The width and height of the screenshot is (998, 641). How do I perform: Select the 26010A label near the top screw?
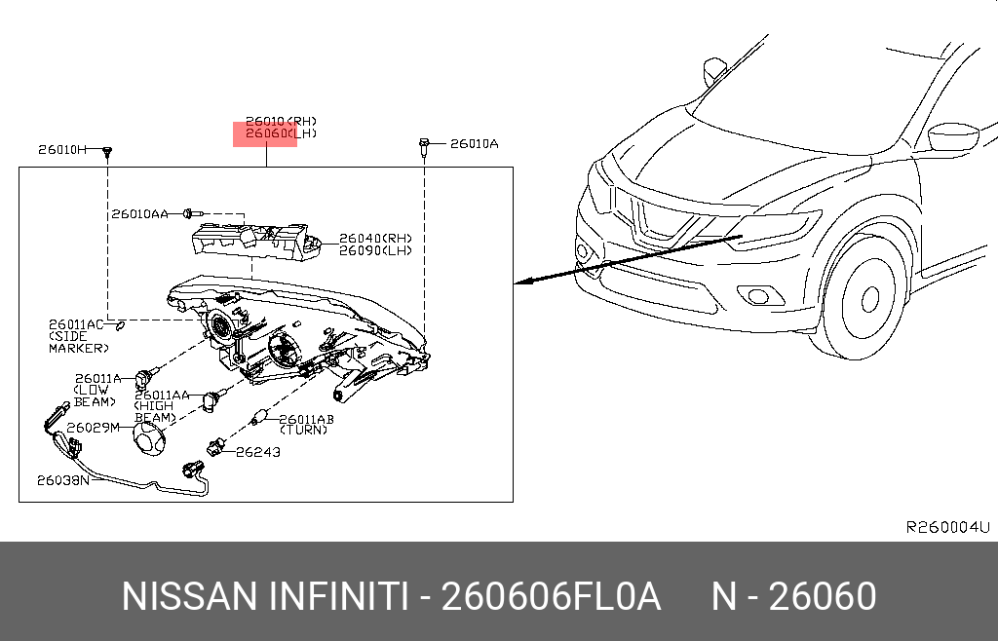pyautogui.click(x=474, y=144)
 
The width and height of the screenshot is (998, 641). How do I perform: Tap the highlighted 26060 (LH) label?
pyautogui.click(x=265, y=134)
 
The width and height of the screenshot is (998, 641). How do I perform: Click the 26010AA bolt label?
pyautogui.click(x=139, y=213)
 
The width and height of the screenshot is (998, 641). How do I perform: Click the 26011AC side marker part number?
pyautogui.click(x=76, y=324)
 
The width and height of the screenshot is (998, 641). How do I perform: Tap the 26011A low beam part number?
pyautogui.click(x=97, y=379)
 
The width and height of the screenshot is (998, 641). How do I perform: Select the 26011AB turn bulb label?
pyautogui.click(x=307, y=419)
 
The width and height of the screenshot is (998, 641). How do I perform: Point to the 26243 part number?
pyautogui.click(x=257, y=452)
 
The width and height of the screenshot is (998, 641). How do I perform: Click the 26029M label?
pyautogui.click(x=93, y=428)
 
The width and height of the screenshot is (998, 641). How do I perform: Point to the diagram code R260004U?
pyautogui.click(x=947, y=527)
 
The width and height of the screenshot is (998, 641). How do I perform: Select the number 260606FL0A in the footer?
pyautogui.click(x=552, y=596)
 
